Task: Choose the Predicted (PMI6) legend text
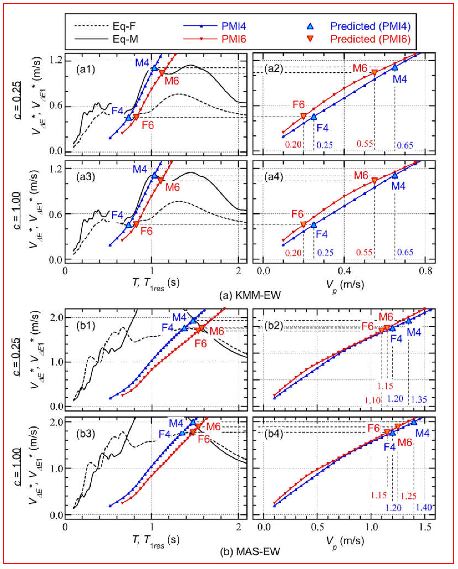tap(370, 39)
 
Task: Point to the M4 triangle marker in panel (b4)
tap(414, 422)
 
